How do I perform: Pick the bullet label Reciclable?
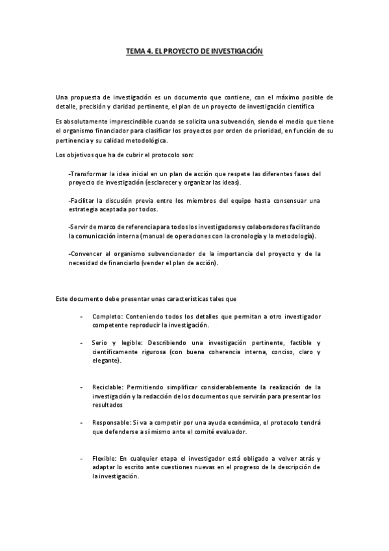pos(108,386)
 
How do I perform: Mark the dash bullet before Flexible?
pos(81,458)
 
